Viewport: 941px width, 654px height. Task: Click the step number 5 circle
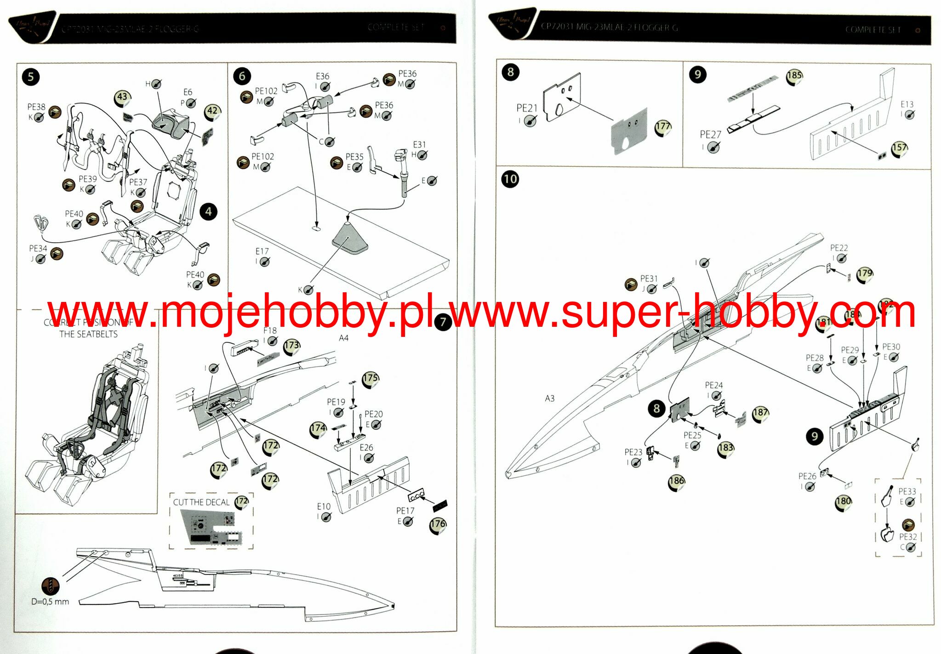(x=31, y=76)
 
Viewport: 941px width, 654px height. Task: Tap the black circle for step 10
(x=510, y=179)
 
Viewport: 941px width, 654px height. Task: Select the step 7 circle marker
(x=443, y=322)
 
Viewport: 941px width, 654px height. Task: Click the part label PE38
(x=36, y=107)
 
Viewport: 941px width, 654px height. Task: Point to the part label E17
(x=262, y=251)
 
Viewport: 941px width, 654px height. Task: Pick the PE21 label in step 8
(x=527, y=108)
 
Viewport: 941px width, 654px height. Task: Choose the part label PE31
(x=649, y=279)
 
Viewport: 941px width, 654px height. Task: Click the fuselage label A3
(x=550, y=398)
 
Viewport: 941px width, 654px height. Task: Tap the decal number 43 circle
(x=122, y=97)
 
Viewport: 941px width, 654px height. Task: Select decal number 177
(x=663, y=127)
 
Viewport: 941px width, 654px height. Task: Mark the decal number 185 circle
(x=794, y=76)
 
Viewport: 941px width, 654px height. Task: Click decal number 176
(x=438, y=524)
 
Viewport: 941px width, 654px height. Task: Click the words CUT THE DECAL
(x=201, y=502)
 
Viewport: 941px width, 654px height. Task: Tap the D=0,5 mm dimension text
(x=50, y=602)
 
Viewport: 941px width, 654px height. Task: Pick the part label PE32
(x=908, y=537)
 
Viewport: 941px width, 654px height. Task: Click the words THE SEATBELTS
(x=88, y=334)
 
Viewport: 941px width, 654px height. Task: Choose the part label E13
(x=907, y=104)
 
